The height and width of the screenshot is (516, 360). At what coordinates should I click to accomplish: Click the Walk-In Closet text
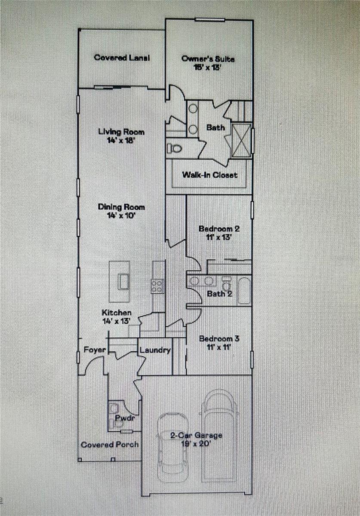click(x=209, y=175)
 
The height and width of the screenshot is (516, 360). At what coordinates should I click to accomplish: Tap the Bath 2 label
click(x=219, y=294)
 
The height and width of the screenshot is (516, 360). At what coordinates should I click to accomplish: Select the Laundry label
click(x=155, y=350)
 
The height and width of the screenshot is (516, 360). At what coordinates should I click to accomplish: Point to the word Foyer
click(x=95, y=350)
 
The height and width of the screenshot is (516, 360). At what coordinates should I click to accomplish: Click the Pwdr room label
click(x=123, y=418)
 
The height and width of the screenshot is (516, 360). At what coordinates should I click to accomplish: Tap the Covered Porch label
click(x=110, y=444)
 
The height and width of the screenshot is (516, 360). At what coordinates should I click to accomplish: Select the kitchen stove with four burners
click(x=157, y=286)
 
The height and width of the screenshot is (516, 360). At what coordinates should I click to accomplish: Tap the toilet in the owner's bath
click(x=175, y=149)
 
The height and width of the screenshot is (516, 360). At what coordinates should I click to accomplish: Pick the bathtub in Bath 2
click(x=244, y=291)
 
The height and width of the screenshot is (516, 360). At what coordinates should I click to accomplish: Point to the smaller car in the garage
click(x=173, y=447)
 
